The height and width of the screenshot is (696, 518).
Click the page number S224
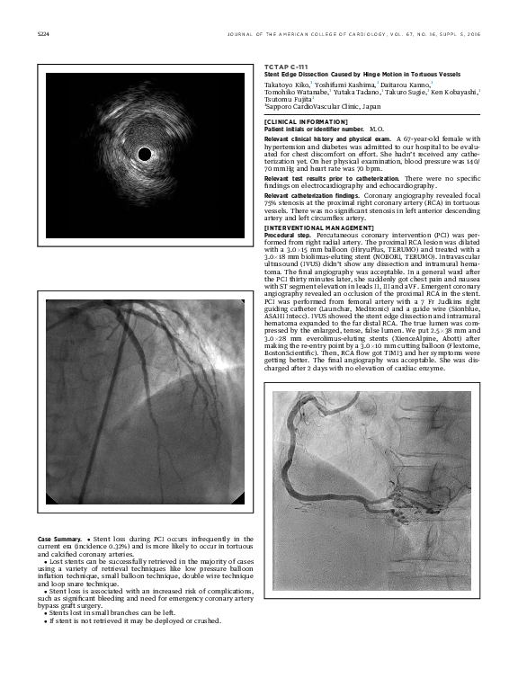tap(41, 36)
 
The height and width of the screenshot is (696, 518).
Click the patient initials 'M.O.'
tap(376, 129)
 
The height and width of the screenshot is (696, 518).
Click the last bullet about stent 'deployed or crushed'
tap(135, 620)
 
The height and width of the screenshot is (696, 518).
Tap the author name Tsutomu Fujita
tap(289, 100)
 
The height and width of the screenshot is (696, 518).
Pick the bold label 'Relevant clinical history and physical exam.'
tap(328, 140)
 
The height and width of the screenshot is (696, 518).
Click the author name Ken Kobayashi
tap(454, 92)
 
